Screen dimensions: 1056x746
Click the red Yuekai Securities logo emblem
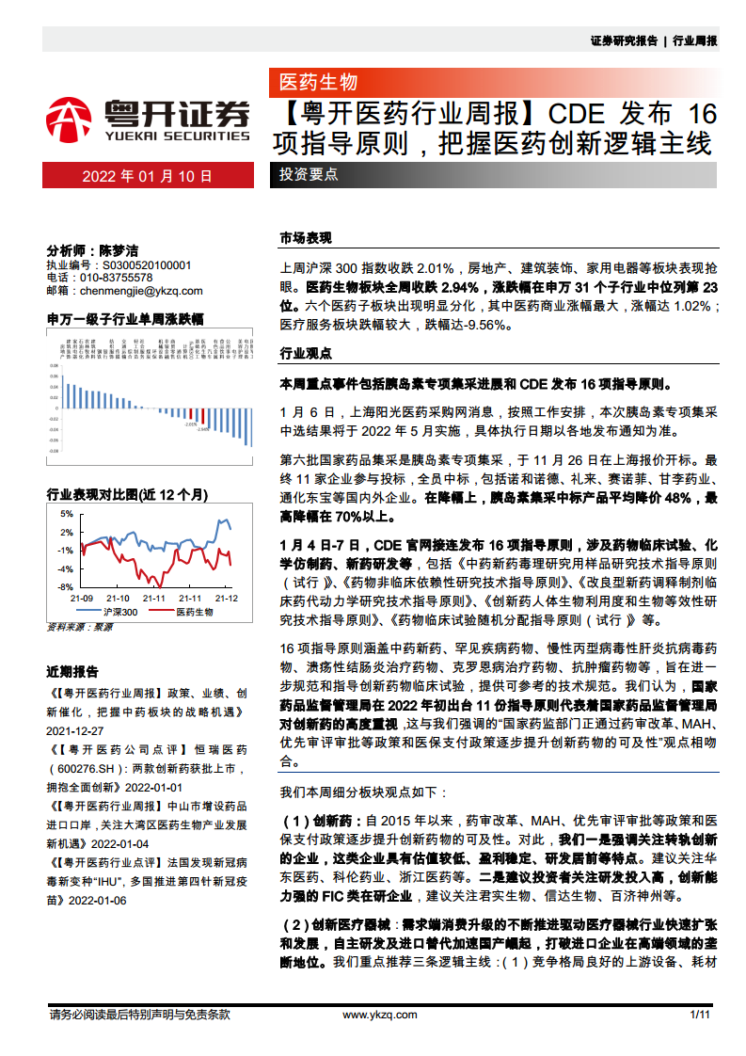click(x=69, y=118)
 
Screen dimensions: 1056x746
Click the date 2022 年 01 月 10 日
click(x=148, y=176)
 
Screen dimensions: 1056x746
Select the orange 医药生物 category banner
click(x=319, y=82)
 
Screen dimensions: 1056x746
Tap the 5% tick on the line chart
click(x=66, y=514)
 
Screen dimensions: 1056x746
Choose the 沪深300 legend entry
click(x=119, y=612)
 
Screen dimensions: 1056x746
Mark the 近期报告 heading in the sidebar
click(x=72, y=672)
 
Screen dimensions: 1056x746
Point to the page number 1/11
click(x=699, y=1015)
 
